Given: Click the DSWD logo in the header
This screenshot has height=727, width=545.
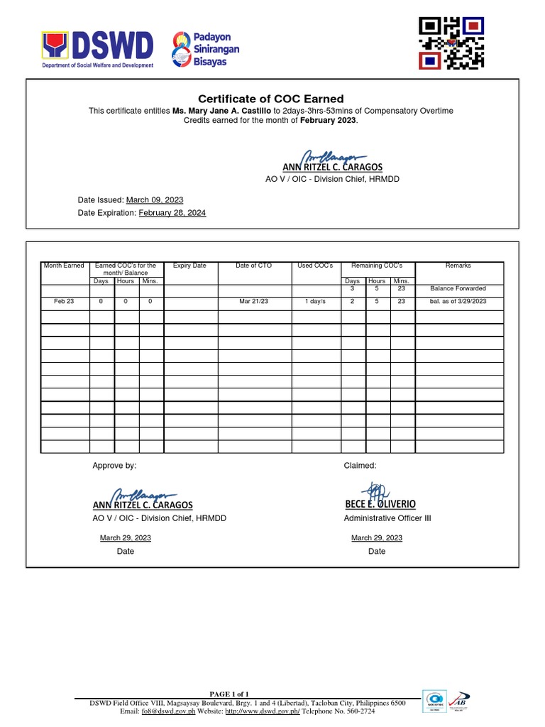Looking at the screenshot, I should point(98,49).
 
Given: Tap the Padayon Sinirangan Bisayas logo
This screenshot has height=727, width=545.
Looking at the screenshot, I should point(206,49).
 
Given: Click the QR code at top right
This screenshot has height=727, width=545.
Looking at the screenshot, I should point(451,44).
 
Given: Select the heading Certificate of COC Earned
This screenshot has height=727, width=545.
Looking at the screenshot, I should point(270,99).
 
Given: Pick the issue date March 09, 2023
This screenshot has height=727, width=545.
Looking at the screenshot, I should point(155,200).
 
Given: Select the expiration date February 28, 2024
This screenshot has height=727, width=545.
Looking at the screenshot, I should point(172,213).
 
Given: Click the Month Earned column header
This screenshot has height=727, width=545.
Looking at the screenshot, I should point(64,266).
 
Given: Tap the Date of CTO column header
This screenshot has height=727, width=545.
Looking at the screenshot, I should point(254,266).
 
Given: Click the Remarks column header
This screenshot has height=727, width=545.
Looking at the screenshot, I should point(458,266).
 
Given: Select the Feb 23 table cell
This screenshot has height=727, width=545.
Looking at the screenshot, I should point(64,302).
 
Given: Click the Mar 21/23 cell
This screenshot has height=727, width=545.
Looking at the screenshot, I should point(254,302).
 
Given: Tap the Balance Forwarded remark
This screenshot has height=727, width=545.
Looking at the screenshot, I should point(458,289).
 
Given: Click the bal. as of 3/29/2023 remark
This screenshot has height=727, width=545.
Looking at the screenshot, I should point(458,302).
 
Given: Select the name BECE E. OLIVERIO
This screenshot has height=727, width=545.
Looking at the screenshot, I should point(380,504).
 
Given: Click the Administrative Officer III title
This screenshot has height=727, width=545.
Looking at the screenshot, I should point(387,518).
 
